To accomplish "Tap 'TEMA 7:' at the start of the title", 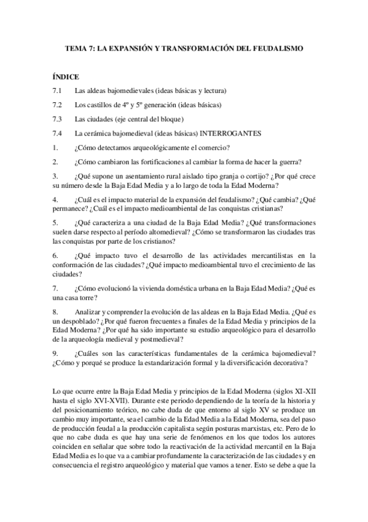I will [x=79, y=47].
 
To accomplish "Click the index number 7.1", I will [x=58, y=90].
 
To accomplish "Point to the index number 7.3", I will [x=58, y=119].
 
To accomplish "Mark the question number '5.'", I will [x=56, y=222].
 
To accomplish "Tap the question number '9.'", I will [x=56, y=353].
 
